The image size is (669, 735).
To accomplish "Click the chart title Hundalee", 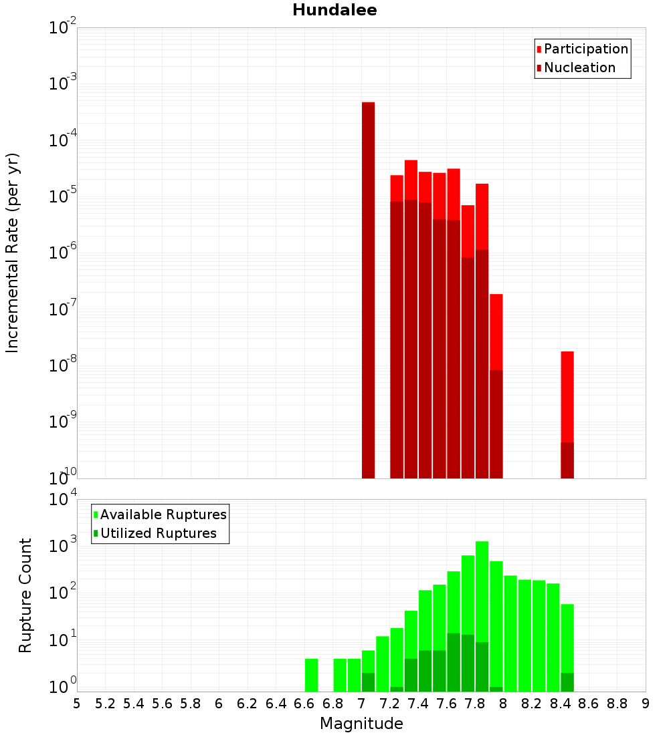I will (334, 10).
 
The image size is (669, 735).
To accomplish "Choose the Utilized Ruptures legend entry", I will (158, 533).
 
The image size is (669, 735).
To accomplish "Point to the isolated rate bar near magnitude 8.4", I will (567, 414).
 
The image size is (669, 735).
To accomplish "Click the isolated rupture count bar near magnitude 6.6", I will (311, 675).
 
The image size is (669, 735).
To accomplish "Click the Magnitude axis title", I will (361, 724).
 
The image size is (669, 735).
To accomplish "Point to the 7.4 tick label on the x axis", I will (418, 704).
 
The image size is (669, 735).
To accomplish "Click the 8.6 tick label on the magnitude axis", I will (589, 704).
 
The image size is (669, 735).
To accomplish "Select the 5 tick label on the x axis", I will (77, 704).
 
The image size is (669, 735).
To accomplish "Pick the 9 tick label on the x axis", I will (646, 704).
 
